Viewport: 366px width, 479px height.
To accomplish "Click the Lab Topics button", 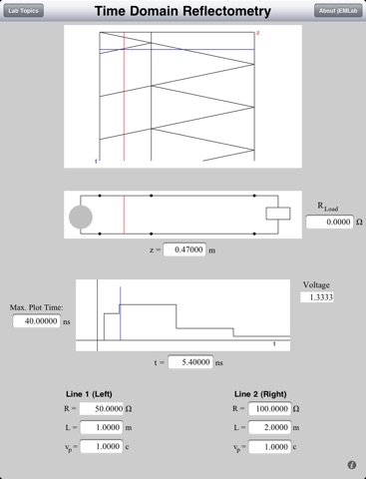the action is point(23,11).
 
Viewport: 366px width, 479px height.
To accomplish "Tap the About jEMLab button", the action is point(338,11).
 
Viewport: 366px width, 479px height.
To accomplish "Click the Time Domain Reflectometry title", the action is point(183,11).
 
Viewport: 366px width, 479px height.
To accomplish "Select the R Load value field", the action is point(329,222).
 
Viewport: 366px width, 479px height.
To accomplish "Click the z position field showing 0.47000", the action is point(184,249).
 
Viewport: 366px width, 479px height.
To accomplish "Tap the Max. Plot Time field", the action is point(37,321).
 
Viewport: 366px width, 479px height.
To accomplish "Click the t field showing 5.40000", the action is point(190,362).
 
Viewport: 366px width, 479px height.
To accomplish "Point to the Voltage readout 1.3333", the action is point(317,297).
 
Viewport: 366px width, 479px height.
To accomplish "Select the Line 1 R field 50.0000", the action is point(102,408).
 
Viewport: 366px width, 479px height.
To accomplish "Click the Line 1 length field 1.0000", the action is point(102,427).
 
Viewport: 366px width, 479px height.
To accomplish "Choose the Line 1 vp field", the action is point(102,446).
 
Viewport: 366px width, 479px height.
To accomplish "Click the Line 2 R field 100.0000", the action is point(270,408).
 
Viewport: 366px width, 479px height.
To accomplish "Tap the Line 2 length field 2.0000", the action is point(270,427).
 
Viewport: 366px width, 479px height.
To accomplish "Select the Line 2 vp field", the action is point(270,446).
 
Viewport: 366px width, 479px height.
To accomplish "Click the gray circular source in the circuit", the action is point(81,217).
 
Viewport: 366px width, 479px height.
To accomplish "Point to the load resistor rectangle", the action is point(278,214).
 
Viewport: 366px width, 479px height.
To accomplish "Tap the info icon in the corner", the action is point(352,465).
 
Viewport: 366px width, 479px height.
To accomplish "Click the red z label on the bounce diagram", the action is point(257,33).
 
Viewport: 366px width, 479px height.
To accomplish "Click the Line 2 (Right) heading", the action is point(260,394).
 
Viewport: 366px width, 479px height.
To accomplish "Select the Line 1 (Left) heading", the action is point(89,394).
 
